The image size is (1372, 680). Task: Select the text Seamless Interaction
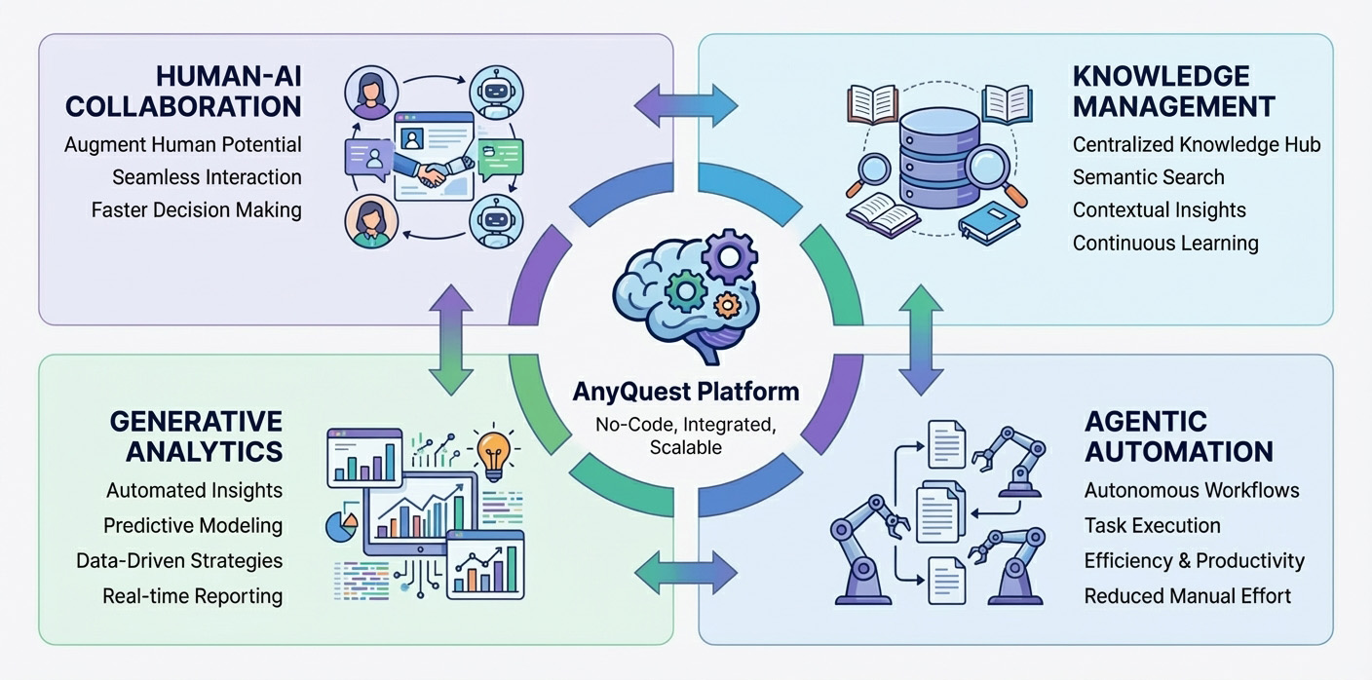(206, 177)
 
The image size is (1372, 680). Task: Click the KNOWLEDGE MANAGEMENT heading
(1173, 91)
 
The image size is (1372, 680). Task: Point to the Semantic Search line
(1148, 177)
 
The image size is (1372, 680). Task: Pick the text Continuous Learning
(1164, 243)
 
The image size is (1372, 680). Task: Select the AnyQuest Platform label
(686, 392)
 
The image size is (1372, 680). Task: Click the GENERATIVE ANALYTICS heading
(196, 436)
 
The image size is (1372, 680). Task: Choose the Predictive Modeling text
(193, 525)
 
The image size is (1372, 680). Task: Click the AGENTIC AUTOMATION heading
(1178, 436)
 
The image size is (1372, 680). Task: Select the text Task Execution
(1152, 525)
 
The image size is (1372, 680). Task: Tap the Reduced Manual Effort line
(1187, 595)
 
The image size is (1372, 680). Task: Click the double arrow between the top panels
(686, 100)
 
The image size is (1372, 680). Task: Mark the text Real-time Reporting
(192, 595)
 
